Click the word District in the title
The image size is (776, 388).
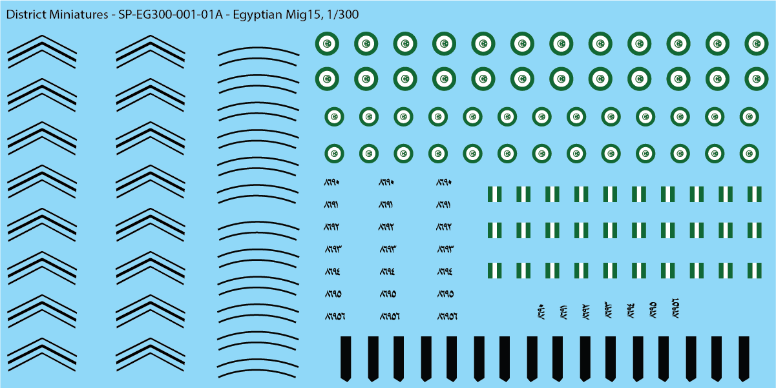(x=25, y=14)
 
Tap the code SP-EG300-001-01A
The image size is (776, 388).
(x=170, y=14)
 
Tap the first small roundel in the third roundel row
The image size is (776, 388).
(x=334, y=117)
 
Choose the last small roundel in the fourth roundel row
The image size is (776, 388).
(x=750, y=154)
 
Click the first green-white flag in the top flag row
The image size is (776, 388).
(x=494, y=194)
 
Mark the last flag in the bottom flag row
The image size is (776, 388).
(x=754, y=270)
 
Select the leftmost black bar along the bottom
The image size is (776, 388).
(x=346, y=358)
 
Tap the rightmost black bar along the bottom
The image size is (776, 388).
(x=743, y=358)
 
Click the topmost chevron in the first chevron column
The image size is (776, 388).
(x=42, y=50)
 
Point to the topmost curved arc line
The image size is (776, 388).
(x=258, y=52)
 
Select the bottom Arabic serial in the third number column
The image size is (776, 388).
(x=446, y=316)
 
